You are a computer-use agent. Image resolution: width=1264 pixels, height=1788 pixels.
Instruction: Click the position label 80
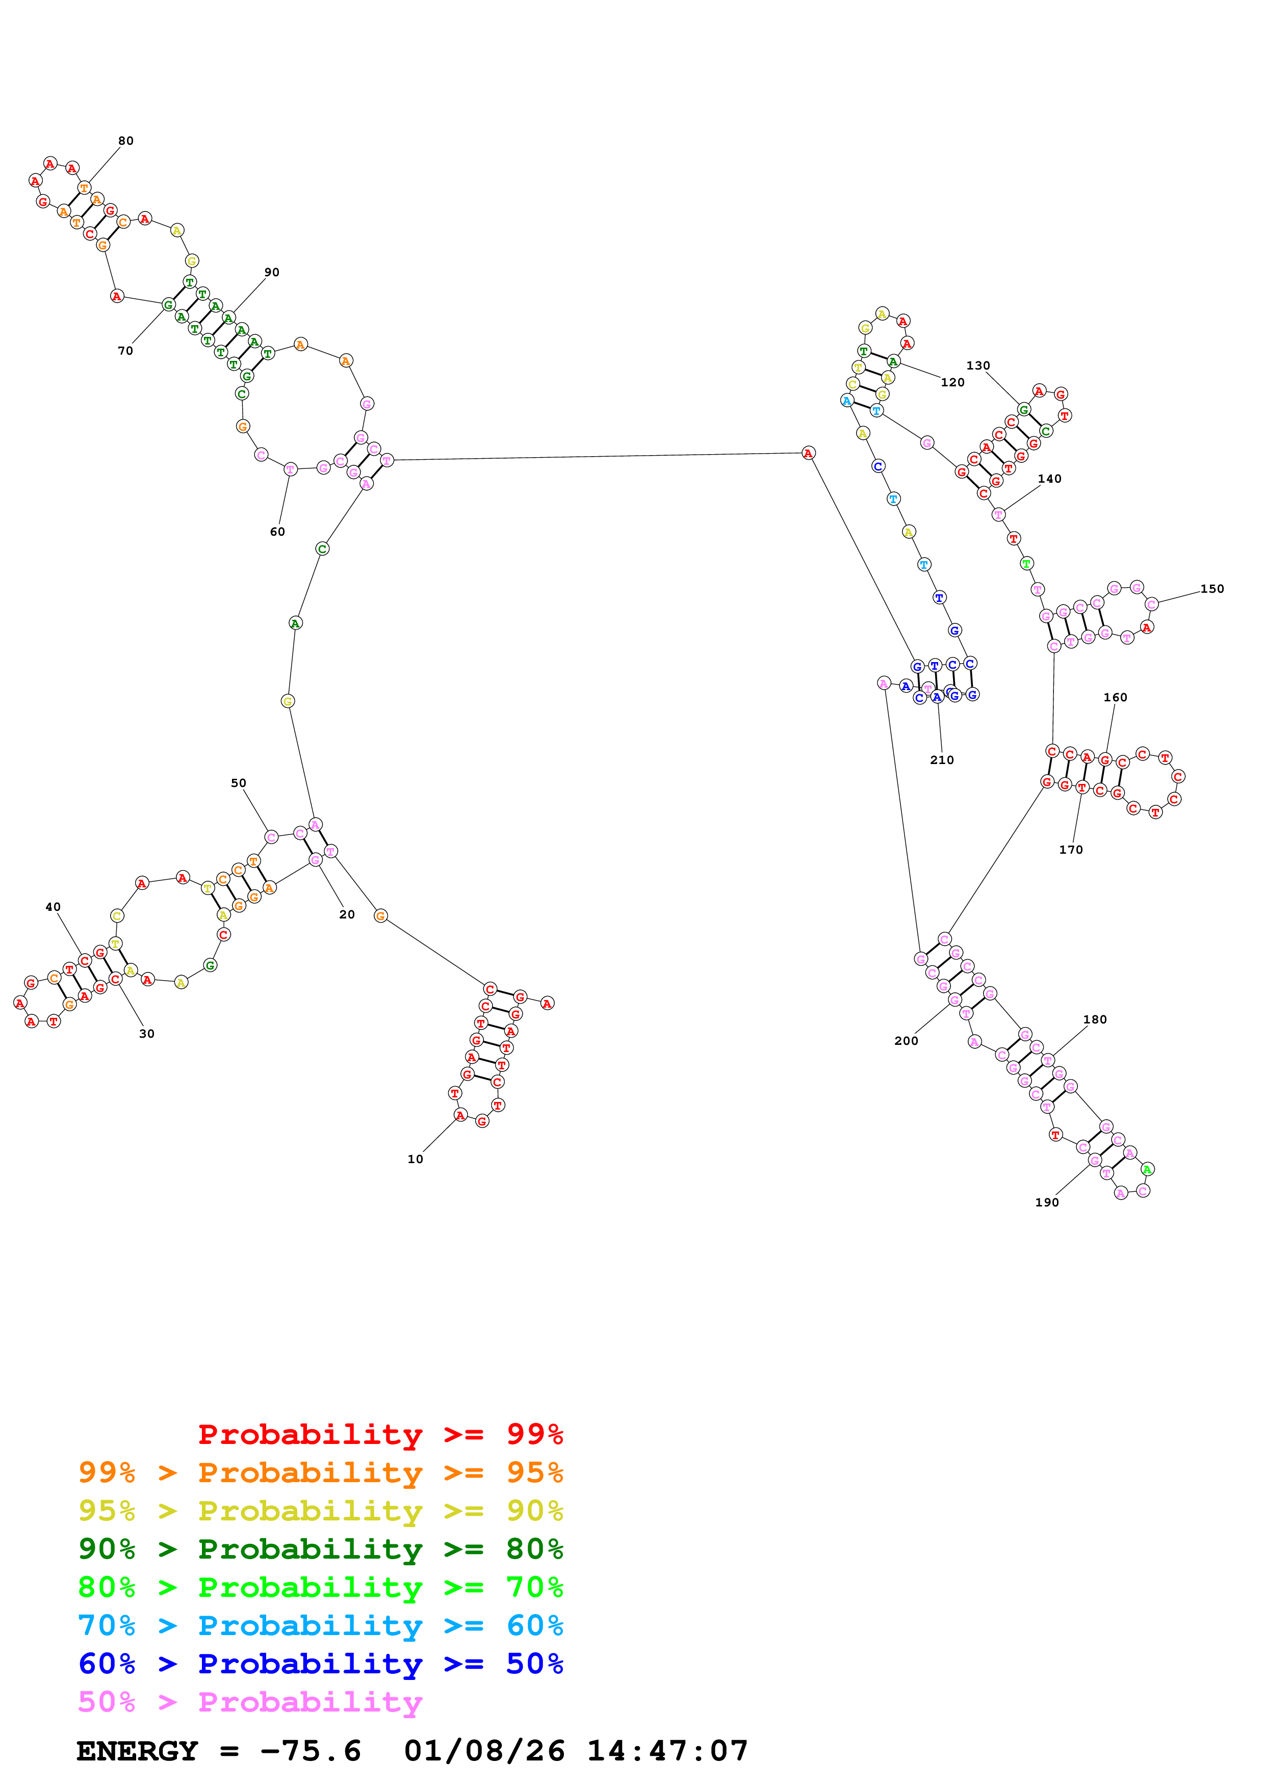point(125,141)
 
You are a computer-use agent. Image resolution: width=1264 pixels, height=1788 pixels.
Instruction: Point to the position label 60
point(277,532)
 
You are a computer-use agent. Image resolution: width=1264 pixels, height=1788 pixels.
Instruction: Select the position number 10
point(415,1159)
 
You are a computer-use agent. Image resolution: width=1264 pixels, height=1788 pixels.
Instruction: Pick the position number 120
point(952,382)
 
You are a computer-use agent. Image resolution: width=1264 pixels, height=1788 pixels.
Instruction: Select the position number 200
point(906,1041)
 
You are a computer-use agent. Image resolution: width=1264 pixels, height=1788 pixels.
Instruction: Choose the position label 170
point(1070,850)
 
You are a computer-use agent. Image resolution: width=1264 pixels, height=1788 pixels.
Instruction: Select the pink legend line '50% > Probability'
point(250,1702)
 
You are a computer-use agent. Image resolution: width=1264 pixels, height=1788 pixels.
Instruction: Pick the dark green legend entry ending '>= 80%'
point(320,1549)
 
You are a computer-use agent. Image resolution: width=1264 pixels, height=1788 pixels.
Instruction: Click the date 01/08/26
point(484,1751)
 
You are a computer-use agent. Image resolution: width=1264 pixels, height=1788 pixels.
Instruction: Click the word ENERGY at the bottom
point(137,1751)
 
